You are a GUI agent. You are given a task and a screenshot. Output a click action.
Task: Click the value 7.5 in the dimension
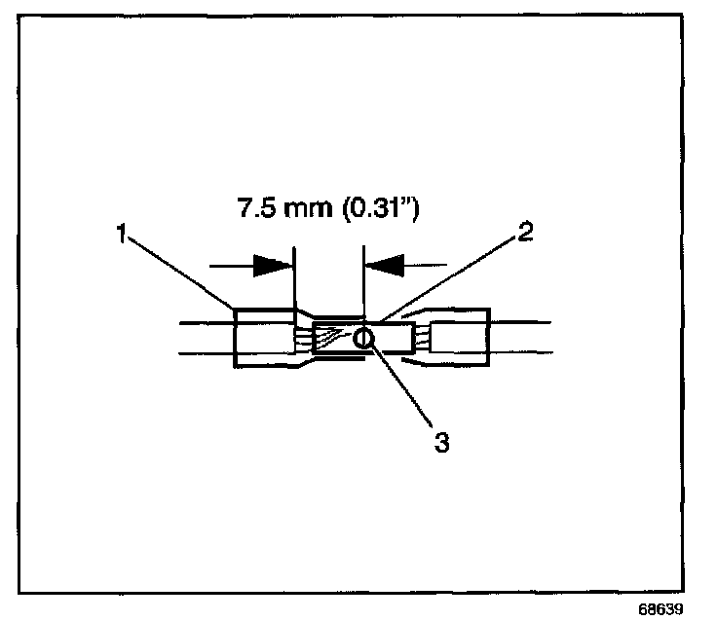[256, 209]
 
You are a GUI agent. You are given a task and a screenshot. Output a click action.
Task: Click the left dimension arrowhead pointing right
[272, 264]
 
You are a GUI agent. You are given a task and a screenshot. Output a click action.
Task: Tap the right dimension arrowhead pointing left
[383, 264]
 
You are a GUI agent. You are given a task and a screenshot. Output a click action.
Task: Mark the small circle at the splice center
[362, 339]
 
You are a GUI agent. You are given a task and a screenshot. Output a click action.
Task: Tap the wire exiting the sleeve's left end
[205, 337]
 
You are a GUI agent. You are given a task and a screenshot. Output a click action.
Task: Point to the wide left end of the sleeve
[263, 338]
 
